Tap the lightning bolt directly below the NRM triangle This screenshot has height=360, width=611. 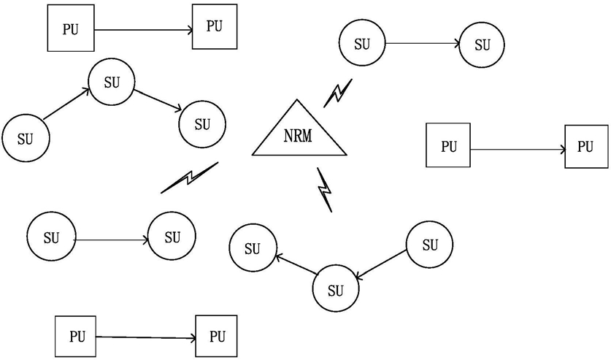[x=324, y=190]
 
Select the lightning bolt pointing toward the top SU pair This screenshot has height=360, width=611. [x=338, y=93]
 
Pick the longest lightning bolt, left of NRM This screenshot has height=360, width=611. [x=190, y=177]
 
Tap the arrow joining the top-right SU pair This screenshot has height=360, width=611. [x=422, y=44]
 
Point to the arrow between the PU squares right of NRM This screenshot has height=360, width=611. [x=518, y=149]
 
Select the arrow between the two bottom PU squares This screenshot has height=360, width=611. [x=146, y=338]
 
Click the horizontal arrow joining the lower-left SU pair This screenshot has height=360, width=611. [x=112, y=240]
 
